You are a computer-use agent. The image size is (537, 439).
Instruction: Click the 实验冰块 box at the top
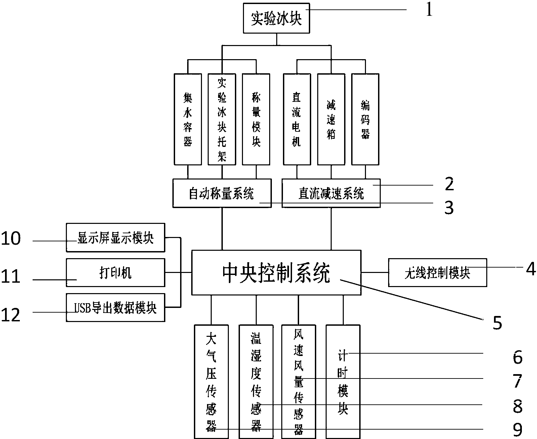click(x=276, y=19)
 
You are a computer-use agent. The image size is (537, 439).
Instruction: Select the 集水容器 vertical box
click(x=188, y=119)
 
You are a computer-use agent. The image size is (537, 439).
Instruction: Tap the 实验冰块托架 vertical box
click(x=222, y=119)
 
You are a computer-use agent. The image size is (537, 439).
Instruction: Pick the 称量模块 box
click(x=256, y=119)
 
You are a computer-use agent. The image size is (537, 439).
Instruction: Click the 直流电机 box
click(x=297, y=119)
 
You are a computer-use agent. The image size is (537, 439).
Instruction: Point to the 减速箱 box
click(x=331, y=119)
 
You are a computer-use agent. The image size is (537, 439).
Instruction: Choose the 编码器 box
click(x=365, y=119)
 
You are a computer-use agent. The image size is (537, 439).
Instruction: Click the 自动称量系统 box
click(x=222, y=193)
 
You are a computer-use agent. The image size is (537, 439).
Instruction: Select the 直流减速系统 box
click(x=331, y=193)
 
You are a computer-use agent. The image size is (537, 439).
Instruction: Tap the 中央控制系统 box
click(x=276, y=273)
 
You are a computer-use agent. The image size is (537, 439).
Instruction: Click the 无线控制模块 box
click(x=437, y=273)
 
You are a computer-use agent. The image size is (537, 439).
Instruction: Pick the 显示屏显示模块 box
click(x=115, y=238)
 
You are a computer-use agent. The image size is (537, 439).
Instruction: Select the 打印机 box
click(x=115, y=273)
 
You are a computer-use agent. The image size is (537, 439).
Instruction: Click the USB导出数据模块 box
click(x=115, y=308)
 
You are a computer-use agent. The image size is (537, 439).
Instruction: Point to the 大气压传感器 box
click(x=211, y=382)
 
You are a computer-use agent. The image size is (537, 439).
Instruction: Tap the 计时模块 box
click(x=343, y=382)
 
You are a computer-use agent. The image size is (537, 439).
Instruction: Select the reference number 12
click(x=11, y=315)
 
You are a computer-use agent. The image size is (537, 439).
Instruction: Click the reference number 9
click(x=518, y=430)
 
